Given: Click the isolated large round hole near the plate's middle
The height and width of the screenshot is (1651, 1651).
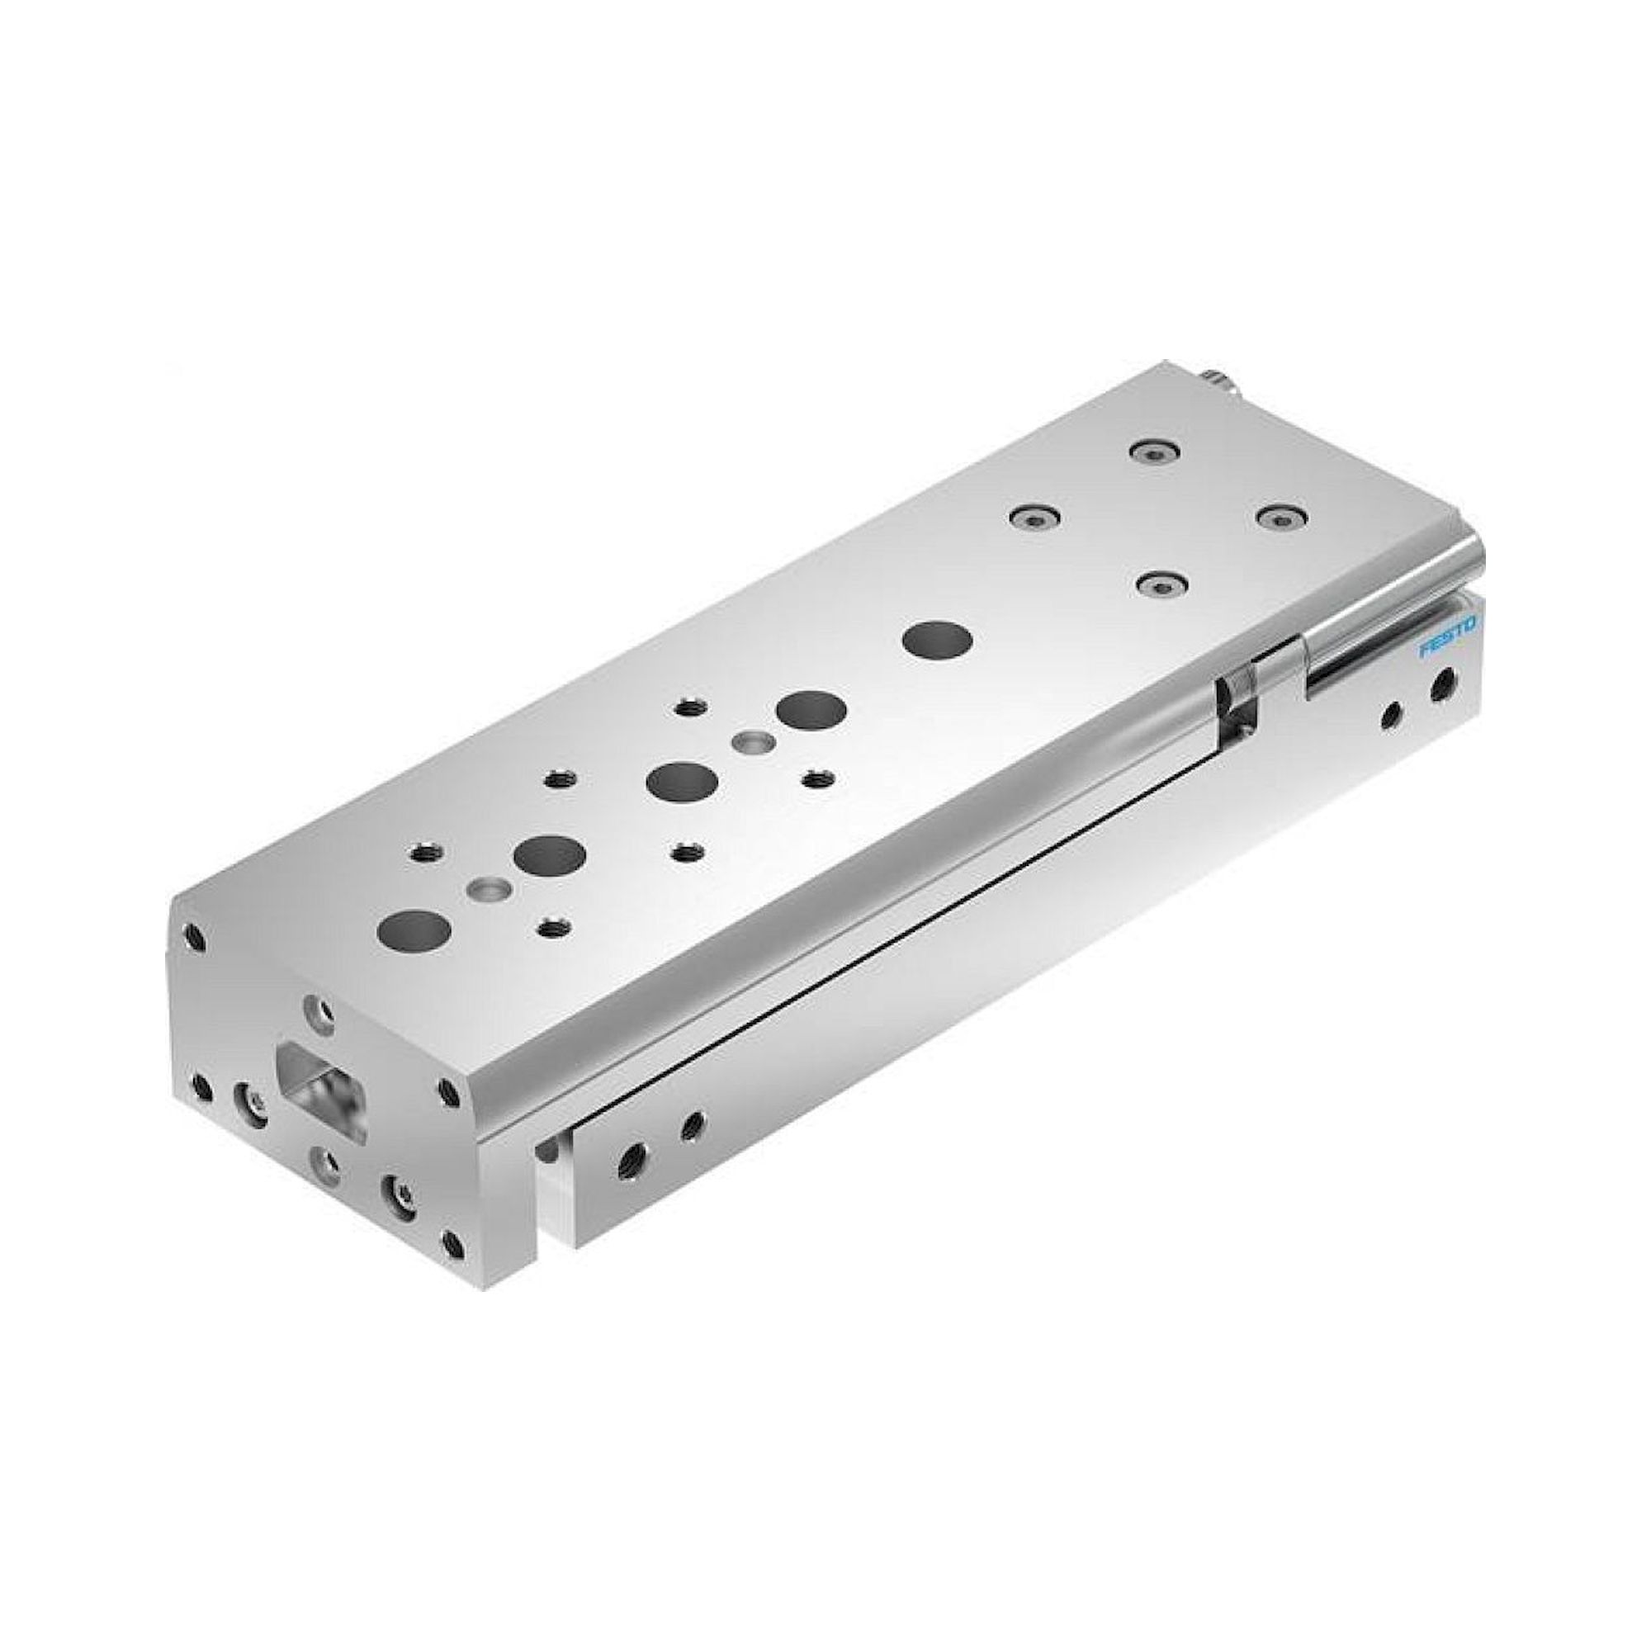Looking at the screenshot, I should coord(940,637).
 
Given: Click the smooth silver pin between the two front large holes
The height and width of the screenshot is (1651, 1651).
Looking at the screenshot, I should coord(490,890).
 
